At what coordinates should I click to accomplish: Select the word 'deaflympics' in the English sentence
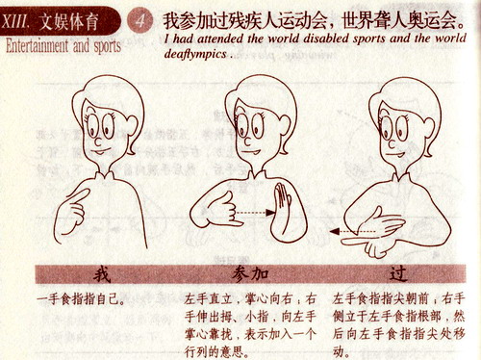[x=196, y=55]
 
